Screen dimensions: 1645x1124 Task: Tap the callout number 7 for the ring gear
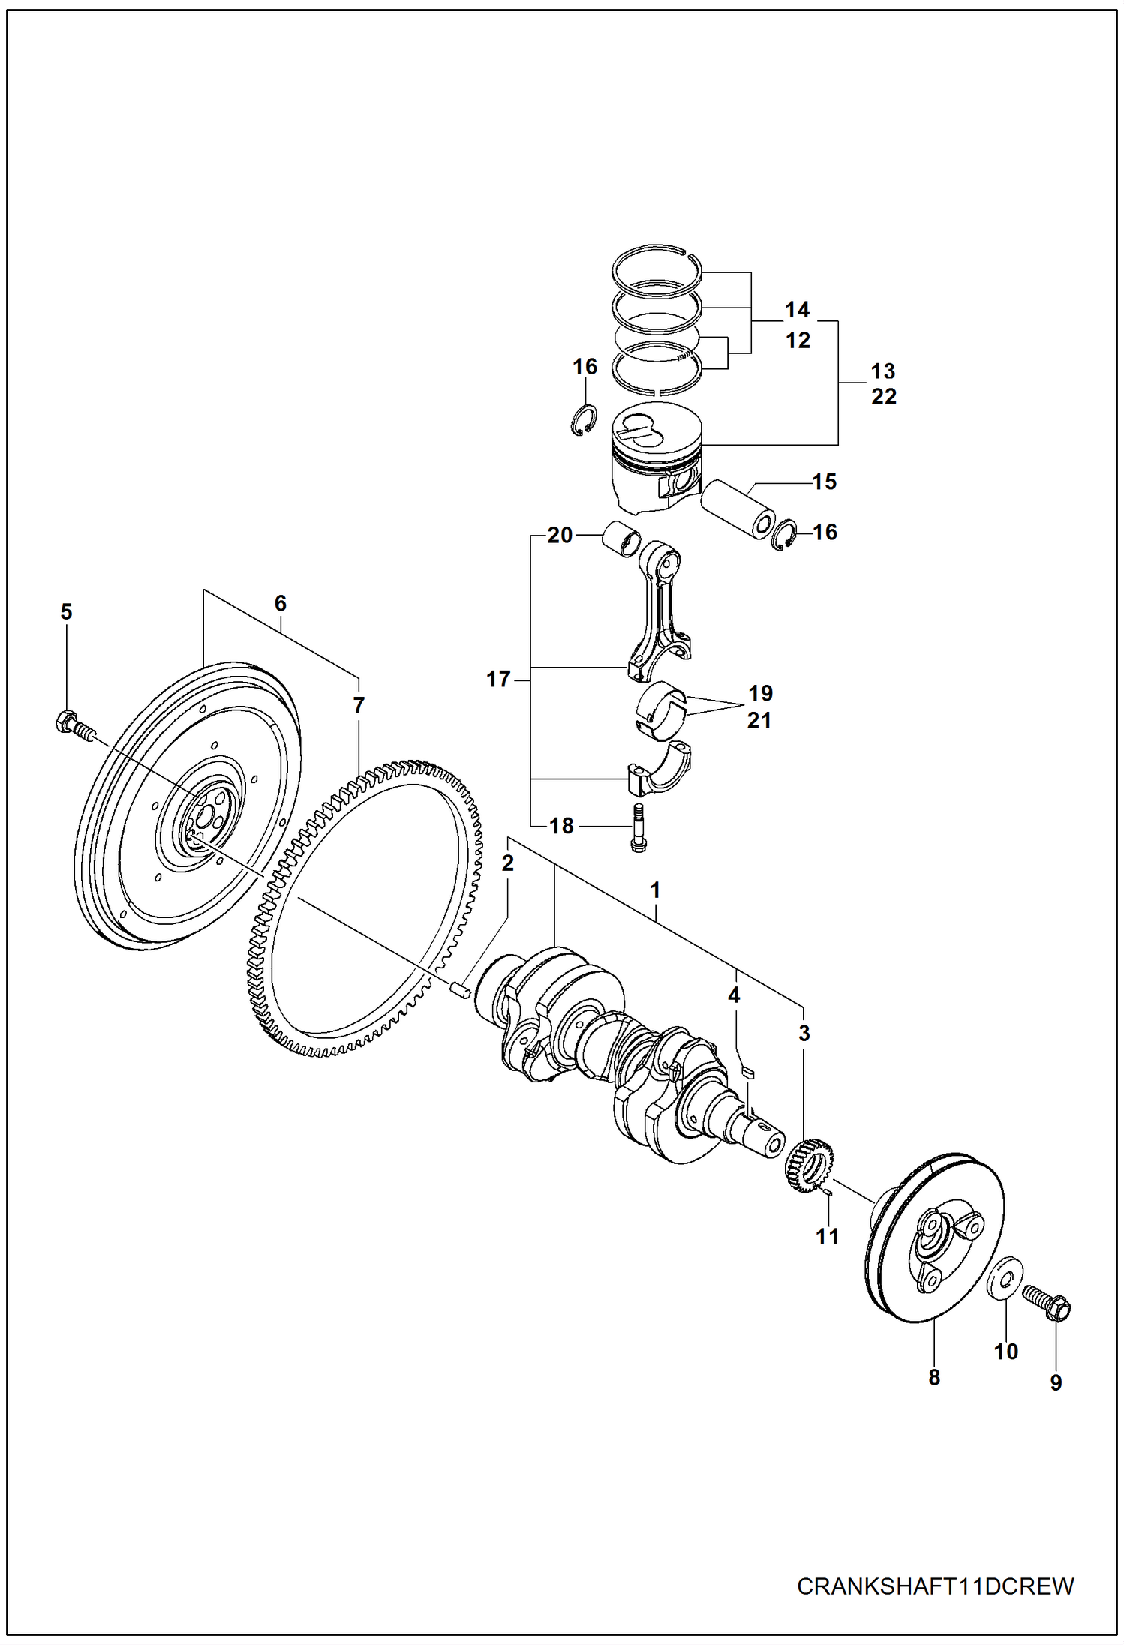[x=359, y=705]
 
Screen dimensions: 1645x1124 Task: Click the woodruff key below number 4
[x=747, y=1073]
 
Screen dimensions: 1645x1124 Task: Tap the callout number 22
[x=884, y=397]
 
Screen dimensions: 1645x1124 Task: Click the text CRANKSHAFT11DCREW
[x=935, y=1586]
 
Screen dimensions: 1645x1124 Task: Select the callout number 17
[x=498, y=679]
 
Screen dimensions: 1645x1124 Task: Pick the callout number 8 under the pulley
[x=934, y=1377]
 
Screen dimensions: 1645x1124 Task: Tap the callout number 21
[x=759, y=720]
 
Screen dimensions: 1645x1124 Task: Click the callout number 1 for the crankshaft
[x=655, y=890]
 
